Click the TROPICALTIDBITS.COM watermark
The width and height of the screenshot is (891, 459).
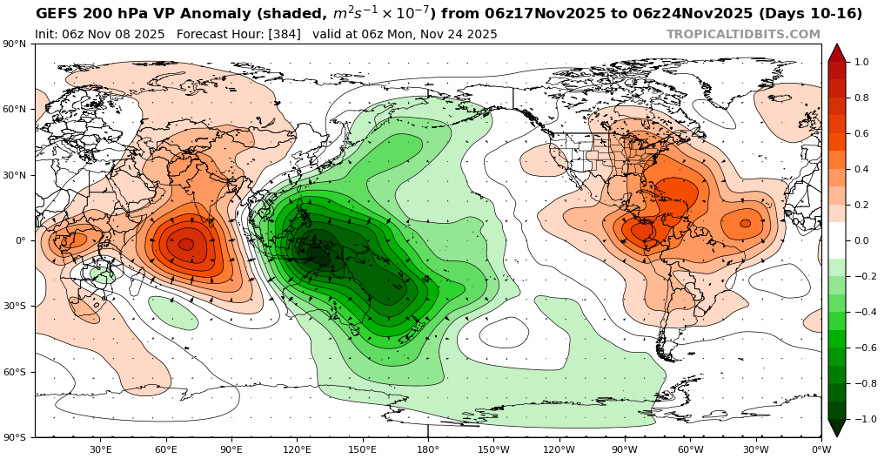[x=743, y=34]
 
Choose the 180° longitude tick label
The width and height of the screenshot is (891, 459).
[x=427, y=449]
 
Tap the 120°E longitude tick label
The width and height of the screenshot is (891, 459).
[x=297, y=449]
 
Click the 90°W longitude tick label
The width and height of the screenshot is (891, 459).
[x=624, y=449]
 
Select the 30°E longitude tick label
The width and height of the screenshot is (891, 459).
[x=100, y=449]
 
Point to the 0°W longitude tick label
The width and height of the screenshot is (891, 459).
[x=821, y=449]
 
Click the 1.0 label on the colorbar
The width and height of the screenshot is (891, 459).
[x=861, y=63]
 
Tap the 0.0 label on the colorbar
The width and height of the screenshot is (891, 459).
[x=861, y=240]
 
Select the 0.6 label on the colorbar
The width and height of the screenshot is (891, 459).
[x=861, y=134]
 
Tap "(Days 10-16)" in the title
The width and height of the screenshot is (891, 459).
[x=808, y=14]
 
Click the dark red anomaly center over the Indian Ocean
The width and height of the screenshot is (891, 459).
[x=186, y=245]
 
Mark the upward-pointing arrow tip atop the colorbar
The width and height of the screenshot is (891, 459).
[x=836, y=45]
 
